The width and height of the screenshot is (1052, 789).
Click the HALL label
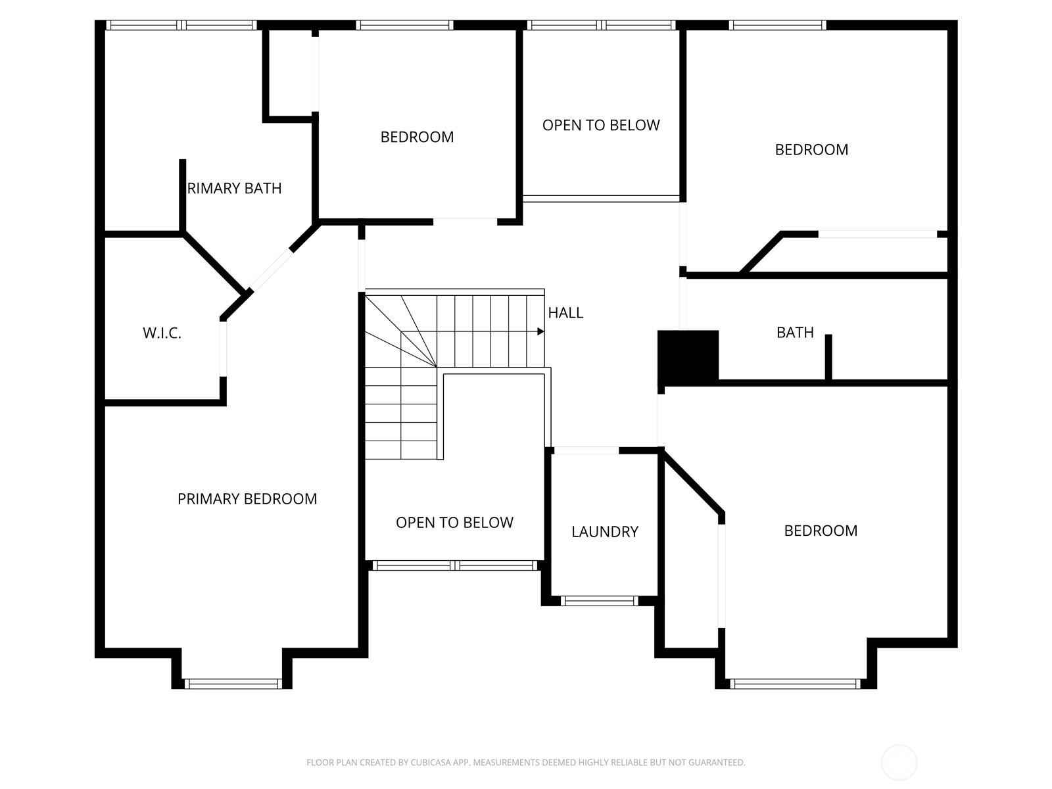click(565, 313)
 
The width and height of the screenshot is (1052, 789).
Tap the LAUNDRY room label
click(605, 531)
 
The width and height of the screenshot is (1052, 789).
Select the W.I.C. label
click(162, 333)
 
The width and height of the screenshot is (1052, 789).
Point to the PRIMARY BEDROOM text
click(247, 498)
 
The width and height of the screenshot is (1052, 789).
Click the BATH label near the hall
click(795, 332)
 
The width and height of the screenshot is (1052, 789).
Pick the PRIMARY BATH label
click(234, 188)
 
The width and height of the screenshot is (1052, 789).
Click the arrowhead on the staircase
click(540, 331)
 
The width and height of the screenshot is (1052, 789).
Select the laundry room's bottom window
click(599, 601)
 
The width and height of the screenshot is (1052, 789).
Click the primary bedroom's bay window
click(233, 684)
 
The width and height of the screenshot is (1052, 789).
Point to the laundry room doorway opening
click(586, 450)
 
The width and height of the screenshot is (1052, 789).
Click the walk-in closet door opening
click(223, 348)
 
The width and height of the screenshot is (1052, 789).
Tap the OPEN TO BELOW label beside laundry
click(454, 522)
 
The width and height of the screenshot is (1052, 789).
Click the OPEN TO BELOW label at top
click(601, 125)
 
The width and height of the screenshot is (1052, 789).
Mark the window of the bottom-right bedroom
click(796, 684)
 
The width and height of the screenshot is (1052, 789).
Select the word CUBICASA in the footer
click(429, 763)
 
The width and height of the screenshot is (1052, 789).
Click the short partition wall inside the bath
click(828, 357)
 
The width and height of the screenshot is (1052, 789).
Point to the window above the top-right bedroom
click(778, 25)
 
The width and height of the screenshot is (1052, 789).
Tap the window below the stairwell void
click(455, 565)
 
